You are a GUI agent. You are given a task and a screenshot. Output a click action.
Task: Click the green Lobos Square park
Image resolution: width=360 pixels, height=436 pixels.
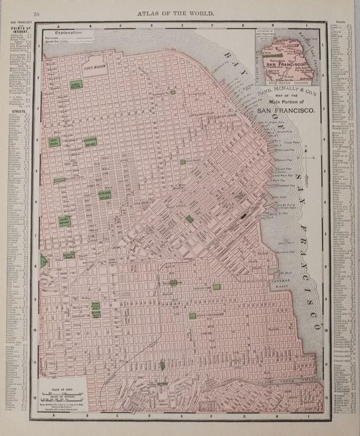[75, 84]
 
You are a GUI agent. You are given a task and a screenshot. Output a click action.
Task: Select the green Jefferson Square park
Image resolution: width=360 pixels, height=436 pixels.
[103, 195]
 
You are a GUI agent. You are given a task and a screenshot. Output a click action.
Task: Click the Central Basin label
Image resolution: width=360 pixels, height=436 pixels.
[282, 280]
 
